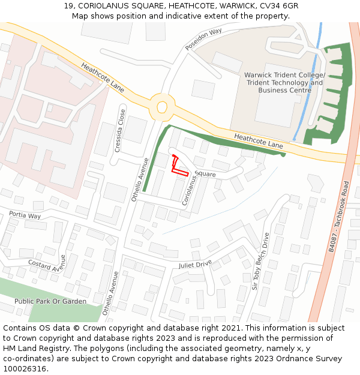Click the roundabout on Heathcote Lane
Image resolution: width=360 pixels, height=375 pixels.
click(x=161, y=107)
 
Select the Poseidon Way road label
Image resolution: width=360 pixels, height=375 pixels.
click(x=203, y=38)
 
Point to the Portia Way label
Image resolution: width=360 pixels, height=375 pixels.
click(x=25, y=215)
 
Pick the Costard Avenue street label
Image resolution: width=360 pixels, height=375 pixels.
click(x=47, y=264)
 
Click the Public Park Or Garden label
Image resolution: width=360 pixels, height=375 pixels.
click(x=50, y=301)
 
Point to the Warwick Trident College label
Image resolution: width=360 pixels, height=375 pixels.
click(x=284, y=75)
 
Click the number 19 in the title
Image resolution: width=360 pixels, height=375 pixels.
click(x=67, y=6)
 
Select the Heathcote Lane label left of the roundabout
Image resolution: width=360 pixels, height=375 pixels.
click(x=103, y=78)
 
